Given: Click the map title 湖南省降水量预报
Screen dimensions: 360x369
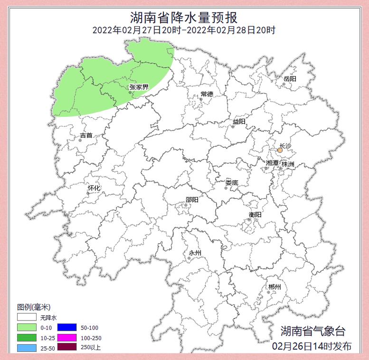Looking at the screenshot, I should (x=184, y=18).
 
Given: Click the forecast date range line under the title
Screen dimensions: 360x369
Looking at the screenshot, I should (x=184, y=30).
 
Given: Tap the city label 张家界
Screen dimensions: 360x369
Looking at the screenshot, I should (x=139, y=87).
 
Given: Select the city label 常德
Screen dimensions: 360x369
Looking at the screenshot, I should (x=207, y=94).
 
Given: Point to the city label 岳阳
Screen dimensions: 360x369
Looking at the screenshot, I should (x=290, y=78).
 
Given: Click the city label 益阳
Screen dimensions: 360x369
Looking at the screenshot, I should (x=239, y=122).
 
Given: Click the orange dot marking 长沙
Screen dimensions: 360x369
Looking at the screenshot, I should (x=280, y=150).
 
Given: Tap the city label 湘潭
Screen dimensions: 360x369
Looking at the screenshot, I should (x=273, y=163).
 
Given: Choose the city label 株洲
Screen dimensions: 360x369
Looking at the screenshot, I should (x=288, y=163).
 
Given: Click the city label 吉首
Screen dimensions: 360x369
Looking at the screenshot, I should (x=86, y=135).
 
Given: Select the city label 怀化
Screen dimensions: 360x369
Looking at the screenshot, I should (x=94, y=188).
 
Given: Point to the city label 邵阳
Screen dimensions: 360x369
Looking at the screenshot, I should (x=192, y=200).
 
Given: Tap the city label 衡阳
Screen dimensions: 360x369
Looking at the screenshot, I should (x=255, y=214).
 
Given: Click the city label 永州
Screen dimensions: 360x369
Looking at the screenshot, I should (x=195, y=253).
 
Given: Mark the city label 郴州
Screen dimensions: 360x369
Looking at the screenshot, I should (x=274, y=287).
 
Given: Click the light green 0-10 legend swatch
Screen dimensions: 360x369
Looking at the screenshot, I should (x=28, y=328).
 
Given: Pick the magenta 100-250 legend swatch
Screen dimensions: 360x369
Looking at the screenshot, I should (x=67, y=338).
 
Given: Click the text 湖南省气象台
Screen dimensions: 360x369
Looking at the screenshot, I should (x=313, y=331).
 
